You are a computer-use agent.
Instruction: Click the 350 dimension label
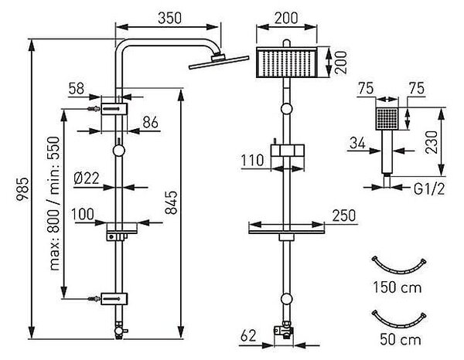169,18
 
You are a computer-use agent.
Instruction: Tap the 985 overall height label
22,189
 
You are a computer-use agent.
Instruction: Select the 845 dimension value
171,202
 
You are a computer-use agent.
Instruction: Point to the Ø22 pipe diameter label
87,178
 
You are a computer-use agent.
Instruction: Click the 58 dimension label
77,88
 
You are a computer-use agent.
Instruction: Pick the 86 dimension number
150,122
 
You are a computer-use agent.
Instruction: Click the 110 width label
252,161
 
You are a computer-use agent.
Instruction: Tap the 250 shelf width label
344,216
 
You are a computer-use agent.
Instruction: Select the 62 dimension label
248,336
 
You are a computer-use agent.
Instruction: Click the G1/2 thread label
429,189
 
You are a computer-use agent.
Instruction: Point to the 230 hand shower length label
432,142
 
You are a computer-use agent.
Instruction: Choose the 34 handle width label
357,143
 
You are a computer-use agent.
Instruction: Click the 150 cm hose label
397,287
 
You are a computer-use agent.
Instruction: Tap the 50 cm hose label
401,339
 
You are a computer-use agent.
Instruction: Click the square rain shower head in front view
286,63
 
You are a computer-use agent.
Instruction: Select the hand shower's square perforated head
387,118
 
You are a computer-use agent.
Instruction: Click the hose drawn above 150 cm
398,270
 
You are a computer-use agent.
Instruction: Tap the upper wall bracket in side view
114,109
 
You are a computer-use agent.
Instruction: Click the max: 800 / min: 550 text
54,203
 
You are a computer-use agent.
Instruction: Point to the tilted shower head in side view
219,62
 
